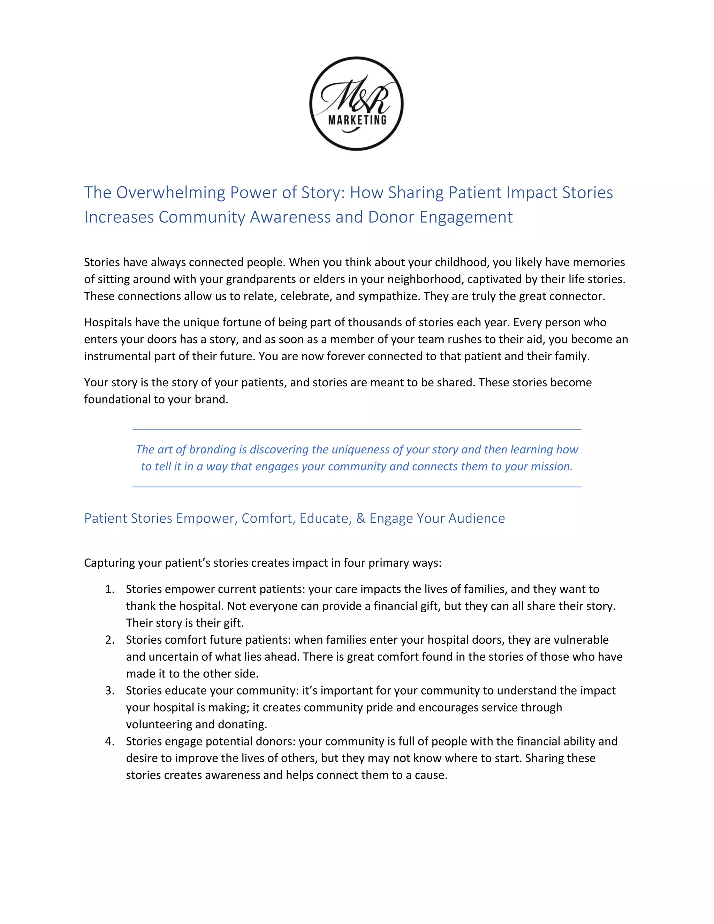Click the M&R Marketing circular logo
pos(357,103)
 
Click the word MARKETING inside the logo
pos(357,120)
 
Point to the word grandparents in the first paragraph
pos(252,280)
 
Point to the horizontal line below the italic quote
pos(357,487)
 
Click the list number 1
pos(109,589)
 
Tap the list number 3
pos(109,691)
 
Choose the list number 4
pos(109,742)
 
